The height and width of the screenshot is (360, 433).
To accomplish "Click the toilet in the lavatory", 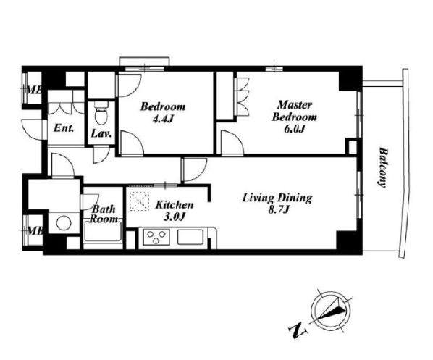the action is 101,113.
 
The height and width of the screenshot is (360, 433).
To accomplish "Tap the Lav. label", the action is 101,134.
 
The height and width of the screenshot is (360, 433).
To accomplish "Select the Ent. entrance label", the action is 64,128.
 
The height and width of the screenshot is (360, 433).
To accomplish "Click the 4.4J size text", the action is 163,119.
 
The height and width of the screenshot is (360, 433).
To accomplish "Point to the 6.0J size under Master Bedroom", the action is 295,129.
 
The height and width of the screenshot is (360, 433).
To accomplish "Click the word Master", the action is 295,105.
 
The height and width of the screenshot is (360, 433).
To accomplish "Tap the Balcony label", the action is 383,168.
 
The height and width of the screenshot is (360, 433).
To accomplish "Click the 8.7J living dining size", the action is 278,210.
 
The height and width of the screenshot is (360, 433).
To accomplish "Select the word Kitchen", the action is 175,205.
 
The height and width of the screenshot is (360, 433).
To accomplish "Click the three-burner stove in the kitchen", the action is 156,237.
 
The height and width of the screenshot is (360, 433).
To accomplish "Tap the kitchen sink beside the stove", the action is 190,237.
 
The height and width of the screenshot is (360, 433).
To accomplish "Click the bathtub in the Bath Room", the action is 103,233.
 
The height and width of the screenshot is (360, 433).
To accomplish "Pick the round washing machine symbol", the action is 64,222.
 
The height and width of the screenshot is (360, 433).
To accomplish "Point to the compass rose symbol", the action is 331,311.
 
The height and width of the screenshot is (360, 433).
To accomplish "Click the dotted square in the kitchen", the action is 140,201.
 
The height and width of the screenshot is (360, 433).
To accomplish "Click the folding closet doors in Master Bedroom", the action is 243,96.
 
